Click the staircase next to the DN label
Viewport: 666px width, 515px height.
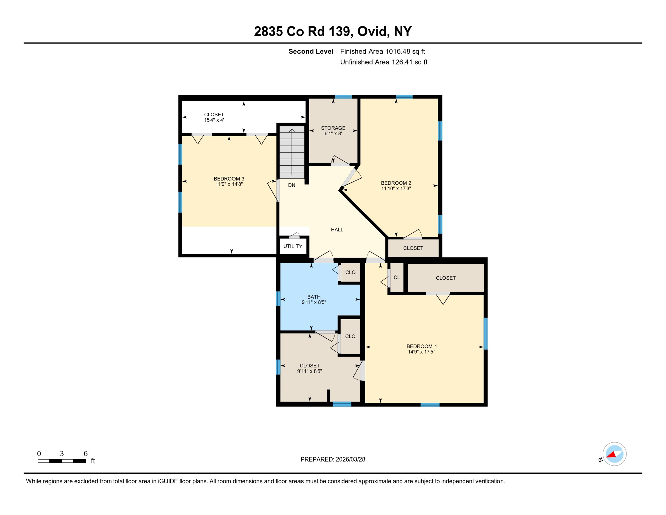pyautogui.click(x=292, y=153)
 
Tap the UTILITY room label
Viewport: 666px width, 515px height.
pyautogui.click(x=293, y=246)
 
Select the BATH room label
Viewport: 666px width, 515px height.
pyautogui.click(x=314, y=297)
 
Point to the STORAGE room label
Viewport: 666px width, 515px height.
pyautogui.click(x=333, y=128)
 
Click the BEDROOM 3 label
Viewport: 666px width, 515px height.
pyautogui.click(x=229, y=179)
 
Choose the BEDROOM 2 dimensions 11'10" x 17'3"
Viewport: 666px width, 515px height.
pyautogui.click(x=396, y=189)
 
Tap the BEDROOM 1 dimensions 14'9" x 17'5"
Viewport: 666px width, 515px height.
pyautogui.click(x=421, y=352)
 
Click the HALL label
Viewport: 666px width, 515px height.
pyautogui.click(x=337, y=230)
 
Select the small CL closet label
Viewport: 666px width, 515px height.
pyautogui.click(x=397, y=278)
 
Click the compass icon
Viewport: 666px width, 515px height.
pyautogui.click(x=614, y=454)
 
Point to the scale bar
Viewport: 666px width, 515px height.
pyautogui.click(x=62, y=461)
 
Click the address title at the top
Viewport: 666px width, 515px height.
pyautogui.click(x=333, y=31)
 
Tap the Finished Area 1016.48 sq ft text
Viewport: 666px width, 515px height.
pyautogui.click(x=382, y=51)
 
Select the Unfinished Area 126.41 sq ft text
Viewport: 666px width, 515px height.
pyautogui.click(x=384, y=62)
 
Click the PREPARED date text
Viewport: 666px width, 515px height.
pyautogui.click(x=333, y=459)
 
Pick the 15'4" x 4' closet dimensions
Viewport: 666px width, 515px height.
pyautogui.click(x=214, y=120)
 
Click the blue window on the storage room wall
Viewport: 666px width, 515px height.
pyautogui.click(x=343, y=97)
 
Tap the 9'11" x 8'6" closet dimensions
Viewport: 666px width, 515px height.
pyautogui.click(x=310, y=371)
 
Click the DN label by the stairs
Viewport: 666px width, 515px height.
pyautogui.click(x=292, y=185)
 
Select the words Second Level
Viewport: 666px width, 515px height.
pyautogui.click(x=311, y=51)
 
